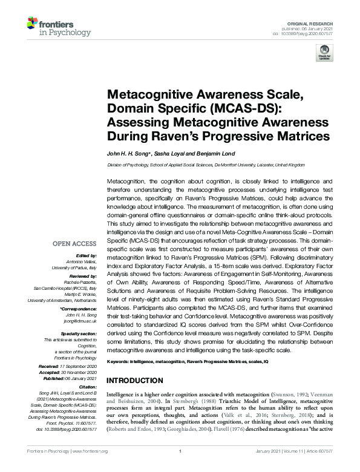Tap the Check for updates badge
pos(324,52)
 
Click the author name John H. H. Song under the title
pos(129,154)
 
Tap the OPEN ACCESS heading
pos(75,228)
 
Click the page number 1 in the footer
pos(180,468)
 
